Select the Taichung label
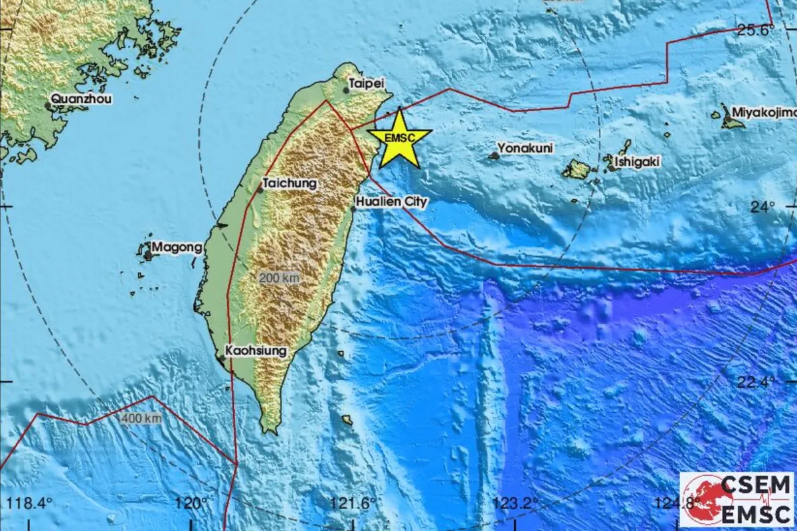click(290, 183)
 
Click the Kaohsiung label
click(256, 350)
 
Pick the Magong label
click(177, 248)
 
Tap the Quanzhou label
click(82, 99)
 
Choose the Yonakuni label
click(526, 148)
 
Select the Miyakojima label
click(764, 112)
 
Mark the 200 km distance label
click(279, 279)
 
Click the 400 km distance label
click(141, 418)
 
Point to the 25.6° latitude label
click(756, 30)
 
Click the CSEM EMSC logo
click(737, 499)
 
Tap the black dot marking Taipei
click(346, 90)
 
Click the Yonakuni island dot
click(494, 156)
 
